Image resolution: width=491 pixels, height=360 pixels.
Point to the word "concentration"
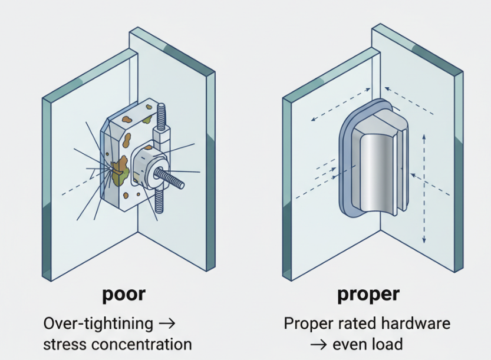pos(147,344)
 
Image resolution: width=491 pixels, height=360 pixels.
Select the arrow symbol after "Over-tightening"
pos(167,323)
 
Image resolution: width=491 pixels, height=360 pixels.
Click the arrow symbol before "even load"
pos(321,344)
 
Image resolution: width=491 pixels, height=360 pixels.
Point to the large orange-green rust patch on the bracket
pos(121,168)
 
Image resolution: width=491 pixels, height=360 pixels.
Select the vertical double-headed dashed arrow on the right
pos(424,189)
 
